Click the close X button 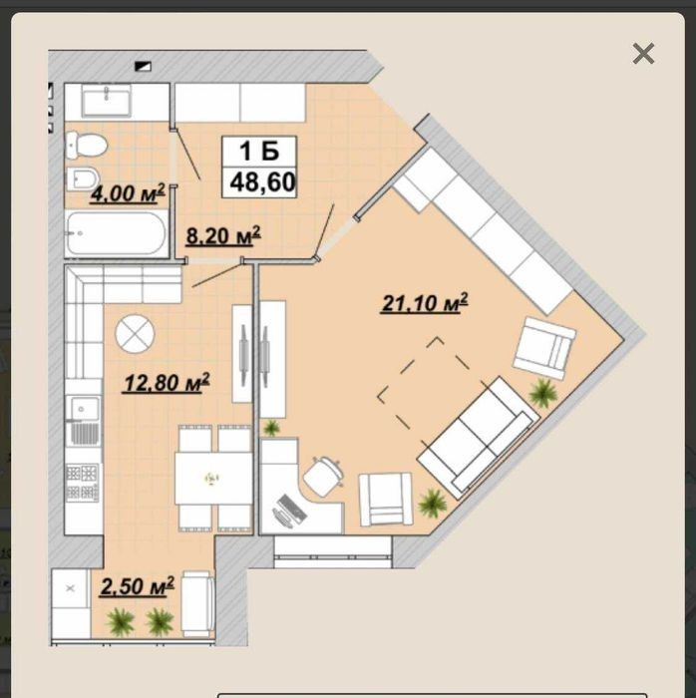point(643,54)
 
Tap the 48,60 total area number point(262,182)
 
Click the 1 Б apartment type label point(259,151)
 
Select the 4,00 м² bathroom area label point(128,193)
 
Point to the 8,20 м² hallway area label point(223,236)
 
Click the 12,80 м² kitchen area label point(167,383)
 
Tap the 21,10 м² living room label point(425,303)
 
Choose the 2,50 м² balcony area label point(137,586)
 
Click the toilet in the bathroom point(87,146)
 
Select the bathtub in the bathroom point(117,233)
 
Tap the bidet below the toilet point(83,179)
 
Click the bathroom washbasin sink point(106,101)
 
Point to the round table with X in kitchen point(135,334)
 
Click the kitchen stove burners point(83,482)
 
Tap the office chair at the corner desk point(323,477)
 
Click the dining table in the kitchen point(213,479)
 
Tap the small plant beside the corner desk point(271,428)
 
